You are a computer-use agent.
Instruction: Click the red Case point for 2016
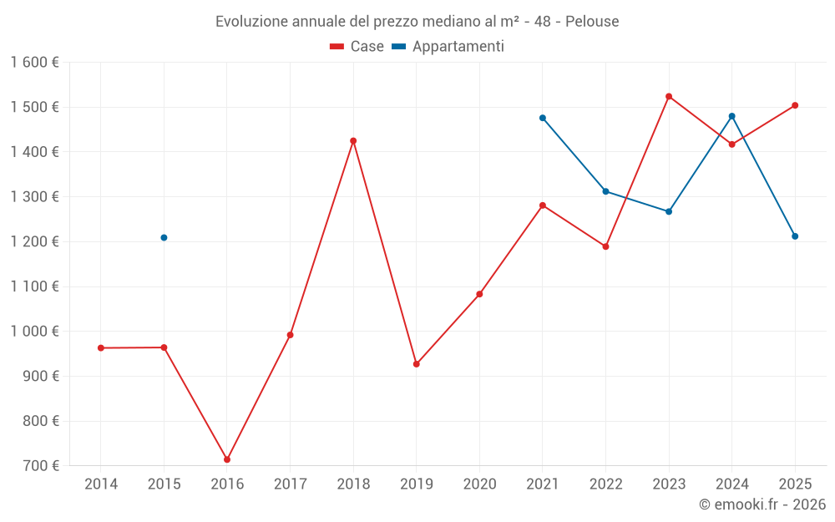click(x=227, y=459)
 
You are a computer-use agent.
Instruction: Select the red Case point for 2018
click(x=353, y=141)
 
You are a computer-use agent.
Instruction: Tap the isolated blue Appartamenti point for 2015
click(x=164, y=238)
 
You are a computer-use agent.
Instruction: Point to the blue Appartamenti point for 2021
click(x=543, y=118)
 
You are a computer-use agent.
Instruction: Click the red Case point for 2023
click(x=669, y=97)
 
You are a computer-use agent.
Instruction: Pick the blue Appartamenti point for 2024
click(x=732, y=116)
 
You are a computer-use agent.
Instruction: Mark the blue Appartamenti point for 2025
click(x=795, y=236)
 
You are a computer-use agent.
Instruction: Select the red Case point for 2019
click(x=417, y=364)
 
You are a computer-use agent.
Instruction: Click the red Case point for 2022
click(x=605, y=246)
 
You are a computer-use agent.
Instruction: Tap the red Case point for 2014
click(x=101, y=348)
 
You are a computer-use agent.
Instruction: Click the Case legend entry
click(x=357, y=47)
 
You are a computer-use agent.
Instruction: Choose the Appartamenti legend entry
click(x=448, y=47)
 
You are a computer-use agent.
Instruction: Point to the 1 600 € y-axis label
click(x=34, y=63)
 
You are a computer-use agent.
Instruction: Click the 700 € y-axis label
click(x=41, y=466)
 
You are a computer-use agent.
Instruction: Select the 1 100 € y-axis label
click(x=34, y=286)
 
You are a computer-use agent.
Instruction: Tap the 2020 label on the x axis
click(x=479, y=484)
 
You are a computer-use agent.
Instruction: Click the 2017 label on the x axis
click(x=290, y=484)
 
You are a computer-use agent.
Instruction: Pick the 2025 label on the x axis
click(x=795, y=484)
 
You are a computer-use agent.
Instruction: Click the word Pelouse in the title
click(x=592, y=22)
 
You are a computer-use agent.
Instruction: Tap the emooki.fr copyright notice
click(x=762, y=504)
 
